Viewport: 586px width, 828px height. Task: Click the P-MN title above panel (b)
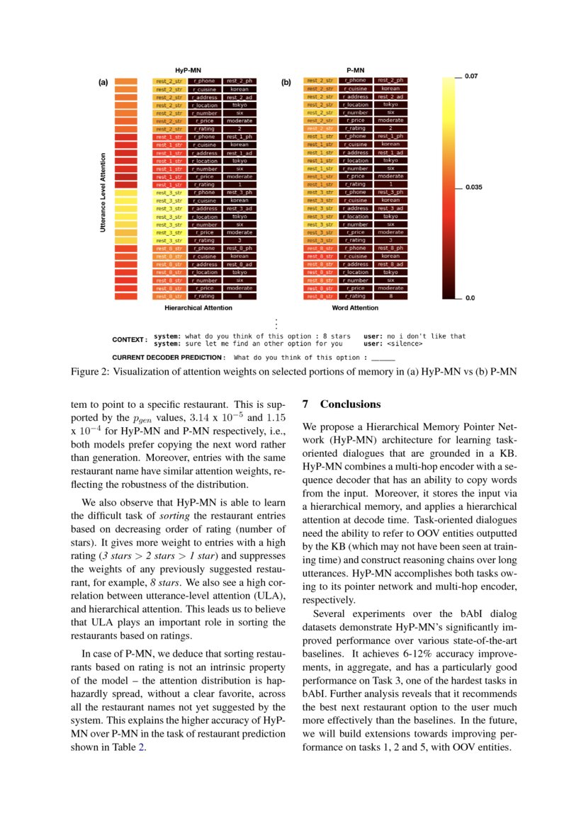(x=355, y=71)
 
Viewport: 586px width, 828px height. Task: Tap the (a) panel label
(x=103, y=82)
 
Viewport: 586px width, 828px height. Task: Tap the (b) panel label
(x=286, y=82)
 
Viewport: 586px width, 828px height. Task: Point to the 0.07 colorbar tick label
(x=471, y=76)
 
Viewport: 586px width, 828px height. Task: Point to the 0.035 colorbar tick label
(x=473, y=188)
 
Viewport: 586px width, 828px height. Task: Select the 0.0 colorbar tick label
(x=470, y=298)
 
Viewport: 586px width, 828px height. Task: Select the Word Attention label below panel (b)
(x=354, y=308)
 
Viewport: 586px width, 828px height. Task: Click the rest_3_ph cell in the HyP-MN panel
(x=240, y=193)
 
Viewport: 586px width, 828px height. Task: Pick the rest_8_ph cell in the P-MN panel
(x=390, y=248)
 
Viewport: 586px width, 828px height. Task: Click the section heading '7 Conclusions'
(x=342, y=404)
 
